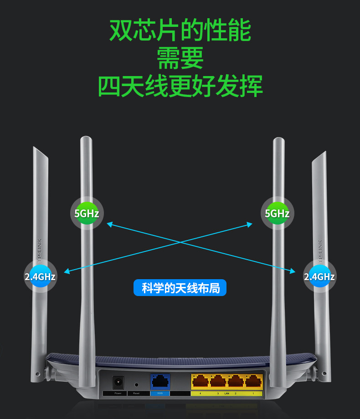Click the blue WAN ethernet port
160,381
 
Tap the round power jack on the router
118,381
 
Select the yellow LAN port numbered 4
200,381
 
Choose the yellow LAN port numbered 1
253,381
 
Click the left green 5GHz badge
87,213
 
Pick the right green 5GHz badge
277,213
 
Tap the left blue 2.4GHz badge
40,276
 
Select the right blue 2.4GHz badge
319,276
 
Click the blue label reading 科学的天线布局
180,288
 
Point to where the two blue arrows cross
180,242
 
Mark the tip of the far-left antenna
35,148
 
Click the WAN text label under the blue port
160,393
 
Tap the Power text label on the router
118,393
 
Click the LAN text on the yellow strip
226,393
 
